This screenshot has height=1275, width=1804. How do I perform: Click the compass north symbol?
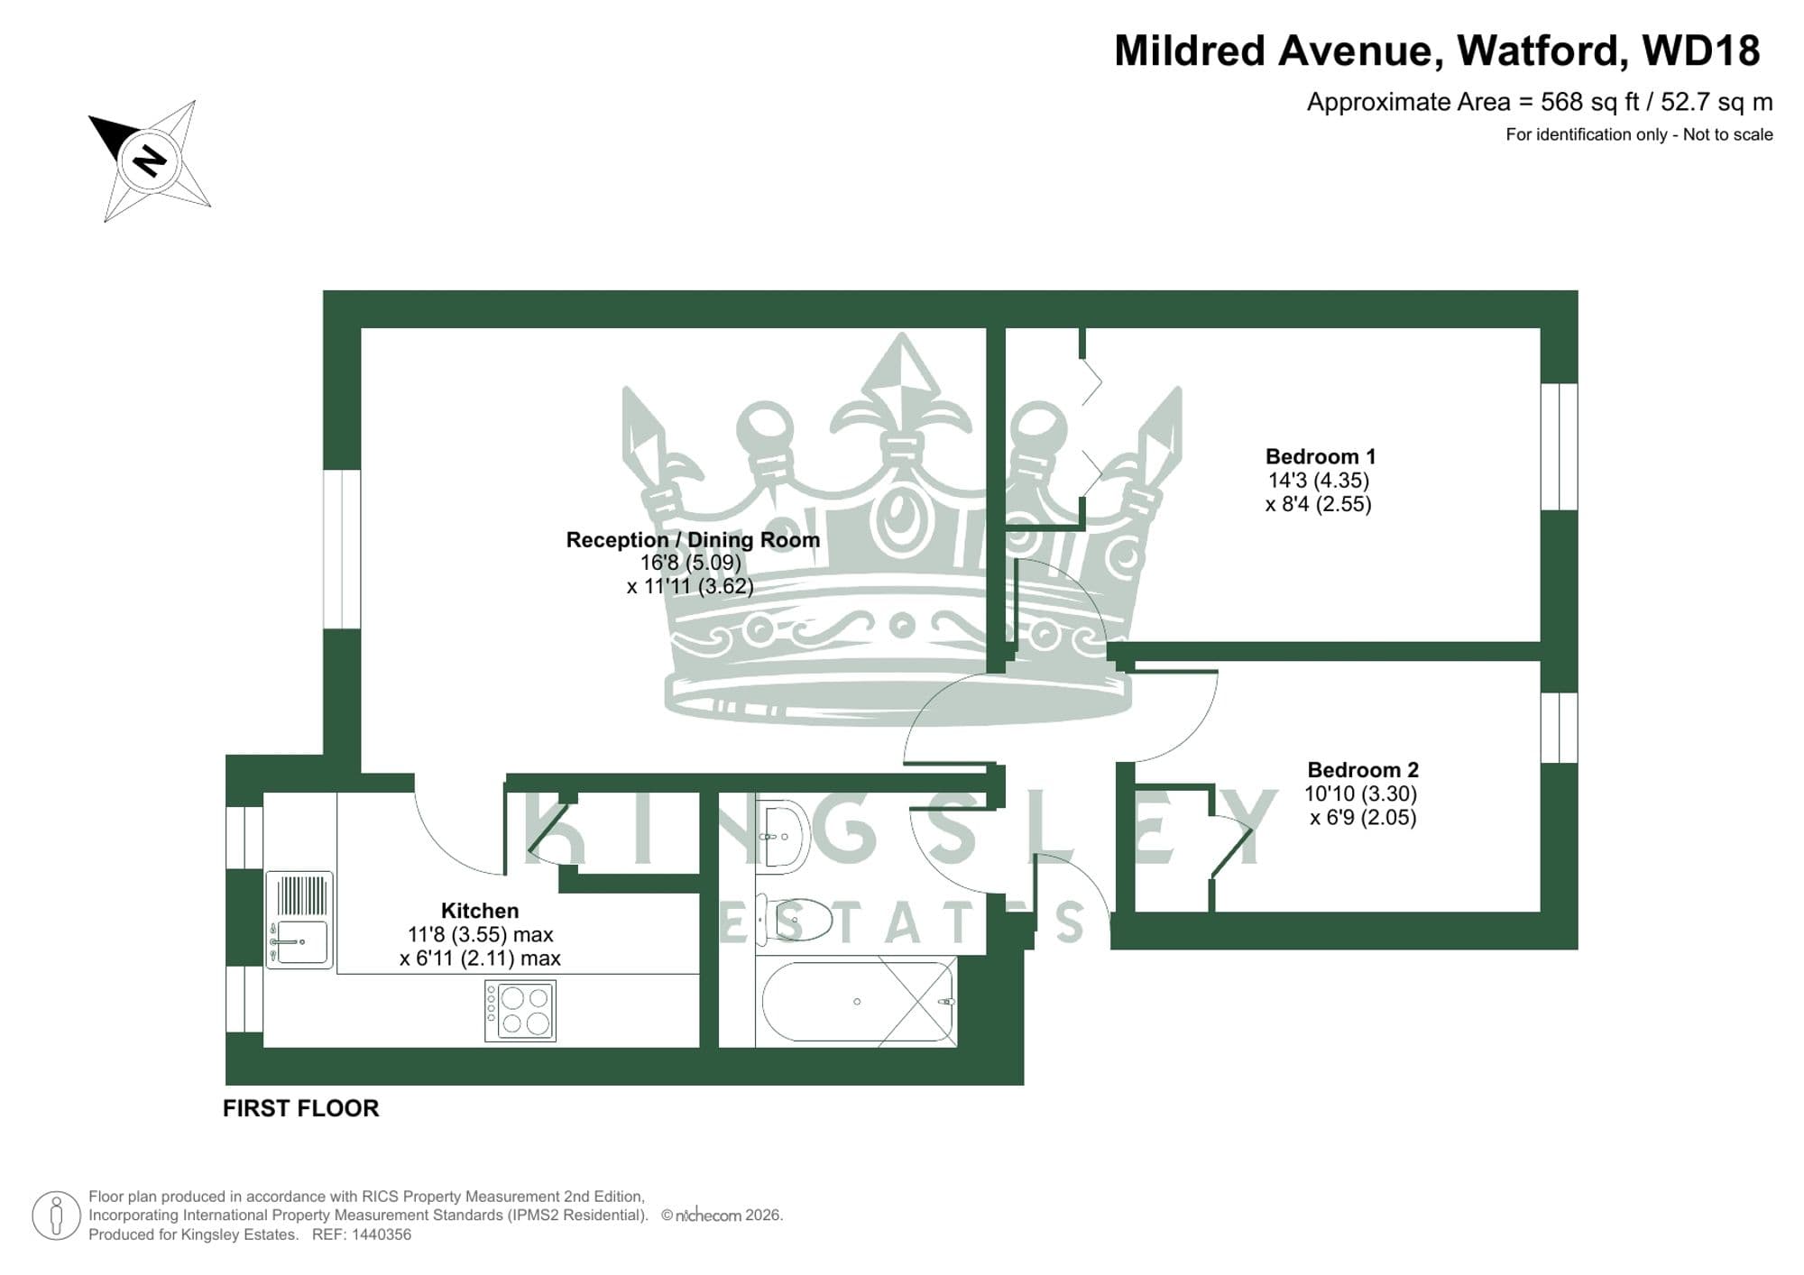pos(150,161)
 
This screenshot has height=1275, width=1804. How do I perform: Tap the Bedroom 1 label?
pos(1320,456)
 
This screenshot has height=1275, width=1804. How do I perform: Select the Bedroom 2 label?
pos(1362,770)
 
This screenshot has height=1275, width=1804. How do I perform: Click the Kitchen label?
pos(479,911)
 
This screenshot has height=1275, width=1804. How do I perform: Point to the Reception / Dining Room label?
pos(693,540)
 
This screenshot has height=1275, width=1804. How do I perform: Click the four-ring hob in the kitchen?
pos(520,1011)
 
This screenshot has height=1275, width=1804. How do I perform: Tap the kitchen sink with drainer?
pos(299,920)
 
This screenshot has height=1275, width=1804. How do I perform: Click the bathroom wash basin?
pos(781,836)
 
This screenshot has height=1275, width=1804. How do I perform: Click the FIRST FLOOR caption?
pos(300,1108)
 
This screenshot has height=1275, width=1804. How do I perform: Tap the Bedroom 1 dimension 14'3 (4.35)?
pos(1319,481)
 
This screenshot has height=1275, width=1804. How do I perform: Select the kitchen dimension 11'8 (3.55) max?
pos(480,935)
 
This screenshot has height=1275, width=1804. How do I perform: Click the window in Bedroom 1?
pos(1559,446)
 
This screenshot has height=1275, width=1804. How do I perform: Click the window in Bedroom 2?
pos(1559,728)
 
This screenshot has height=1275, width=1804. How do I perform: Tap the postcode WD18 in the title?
pos(1700,51)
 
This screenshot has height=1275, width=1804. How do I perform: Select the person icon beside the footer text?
pos(57,1215)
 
